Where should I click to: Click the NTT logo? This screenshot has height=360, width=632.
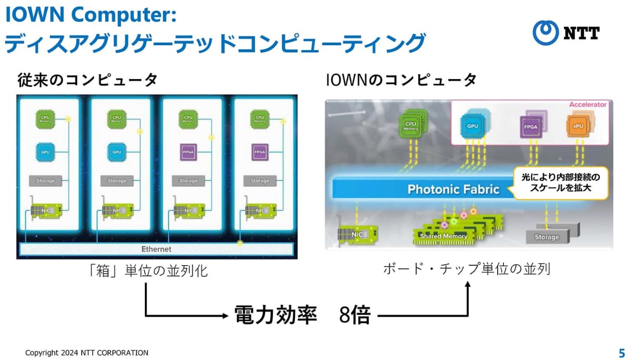(566, 33)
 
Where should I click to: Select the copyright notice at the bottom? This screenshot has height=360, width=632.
(87, 353)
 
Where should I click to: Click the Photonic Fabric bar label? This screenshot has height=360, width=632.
(453, 189)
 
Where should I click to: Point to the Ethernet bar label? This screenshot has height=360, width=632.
(156, 249)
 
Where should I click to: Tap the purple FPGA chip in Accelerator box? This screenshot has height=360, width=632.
(529, 126)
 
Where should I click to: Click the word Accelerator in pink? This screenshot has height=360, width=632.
(587, 105)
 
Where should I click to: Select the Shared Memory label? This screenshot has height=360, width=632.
(443, 236)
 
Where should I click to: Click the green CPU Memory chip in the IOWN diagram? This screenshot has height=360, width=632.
(410, 124)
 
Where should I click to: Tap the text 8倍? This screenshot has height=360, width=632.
(355, 316)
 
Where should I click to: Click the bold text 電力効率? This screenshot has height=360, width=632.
(275, 315)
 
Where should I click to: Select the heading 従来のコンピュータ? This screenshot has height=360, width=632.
(87, 81)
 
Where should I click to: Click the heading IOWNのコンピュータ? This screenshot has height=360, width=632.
(401, 81)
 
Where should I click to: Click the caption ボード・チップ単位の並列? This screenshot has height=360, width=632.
(466, 269)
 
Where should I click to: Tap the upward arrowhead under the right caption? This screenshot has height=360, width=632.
(468, 284)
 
